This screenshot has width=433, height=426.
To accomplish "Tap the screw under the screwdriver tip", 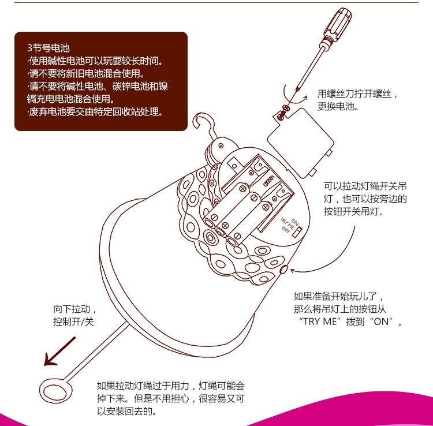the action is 282,113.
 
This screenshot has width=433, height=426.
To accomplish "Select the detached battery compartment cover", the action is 301,143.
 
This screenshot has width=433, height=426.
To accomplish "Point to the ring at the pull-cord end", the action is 55,390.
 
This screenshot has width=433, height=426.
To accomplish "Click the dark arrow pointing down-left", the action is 59,352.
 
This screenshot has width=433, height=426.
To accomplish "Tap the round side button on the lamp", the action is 283,268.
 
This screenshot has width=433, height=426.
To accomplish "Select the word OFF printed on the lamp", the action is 285,229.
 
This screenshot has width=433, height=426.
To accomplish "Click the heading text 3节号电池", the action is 48,48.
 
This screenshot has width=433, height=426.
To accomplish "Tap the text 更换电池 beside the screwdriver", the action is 338,106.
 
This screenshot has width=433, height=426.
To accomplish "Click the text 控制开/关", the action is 73,322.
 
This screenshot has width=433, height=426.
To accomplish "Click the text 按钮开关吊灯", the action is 353,211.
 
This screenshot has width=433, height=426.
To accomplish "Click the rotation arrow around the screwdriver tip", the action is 293,96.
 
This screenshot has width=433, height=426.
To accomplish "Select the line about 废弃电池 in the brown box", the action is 95,112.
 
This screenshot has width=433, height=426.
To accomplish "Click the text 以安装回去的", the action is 127,411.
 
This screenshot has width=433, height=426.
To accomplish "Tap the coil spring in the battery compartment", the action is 268,181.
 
